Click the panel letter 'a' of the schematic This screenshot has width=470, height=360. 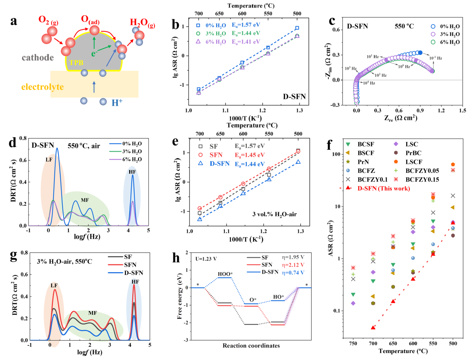coord(13,22)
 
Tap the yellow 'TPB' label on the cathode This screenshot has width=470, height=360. coord(76,63)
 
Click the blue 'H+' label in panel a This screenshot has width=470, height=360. coord(117,102)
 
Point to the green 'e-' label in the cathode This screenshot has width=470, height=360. coord(94,54)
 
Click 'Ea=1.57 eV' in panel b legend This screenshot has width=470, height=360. coord(246,25)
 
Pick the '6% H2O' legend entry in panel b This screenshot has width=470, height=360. coord(216,42)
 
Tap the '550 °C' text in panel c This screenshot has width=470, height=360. coord(404,26)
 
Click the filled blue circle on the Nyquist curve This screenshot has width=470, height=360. coord(420,53)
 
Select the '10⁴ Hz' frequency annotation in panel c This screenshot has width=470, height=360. coord(369,83)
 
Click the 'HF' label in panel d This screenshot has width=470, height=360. coord(132,172)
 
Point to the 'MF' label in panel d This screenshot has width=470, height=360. coord(85,200)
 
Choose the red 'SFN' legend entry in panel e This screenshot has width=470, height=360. coord(216,155)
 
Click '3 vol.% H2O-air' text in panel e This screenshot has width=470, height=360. coord(274,214)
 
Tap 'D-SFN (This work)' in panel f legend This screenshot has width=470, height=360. coord(383,188)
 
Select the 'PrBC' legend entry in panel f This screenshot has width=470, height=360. coord(413,153)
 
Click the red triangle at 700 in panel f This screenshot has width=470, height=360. coord(373,328)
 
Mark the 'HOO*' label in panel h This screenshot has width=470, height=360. coord(225,274)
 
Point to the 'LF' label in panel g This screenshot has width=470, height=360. coord(54,285)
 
